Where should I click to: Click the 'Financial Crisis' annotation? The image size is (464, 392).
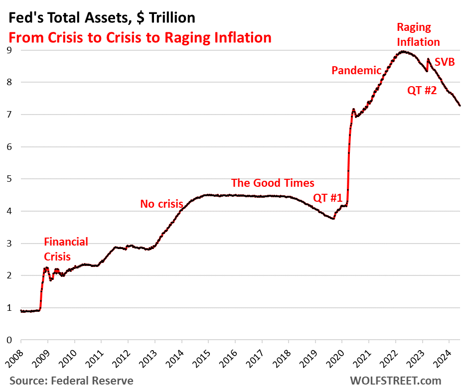tap(66, 249)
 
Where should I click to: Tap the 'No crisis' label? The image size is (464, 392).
tap(161, 203)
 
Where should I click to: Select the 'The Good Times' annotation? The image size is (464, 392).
tap(273, 182)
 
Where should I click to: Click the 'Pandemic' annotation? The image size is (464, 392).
tap(356, 70)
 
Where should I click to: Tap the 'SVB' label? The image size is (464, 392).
tap(445, 62)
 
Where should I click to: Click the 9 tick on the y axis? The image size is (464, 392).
tap(9, 50)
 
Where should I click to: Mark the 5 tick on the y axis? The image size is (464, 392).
tap(9, 179)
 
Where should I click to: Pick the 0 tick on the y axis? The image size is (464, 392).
tap(9, 340)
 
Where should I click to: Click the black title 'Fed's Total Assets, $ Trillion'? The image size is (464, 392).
tap(100, 18)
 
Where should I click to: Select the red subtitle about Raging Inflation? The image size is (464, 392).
tap(139, 37)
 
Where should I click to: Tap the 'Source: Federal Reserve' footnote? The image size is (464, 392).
tap(71, 381)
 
